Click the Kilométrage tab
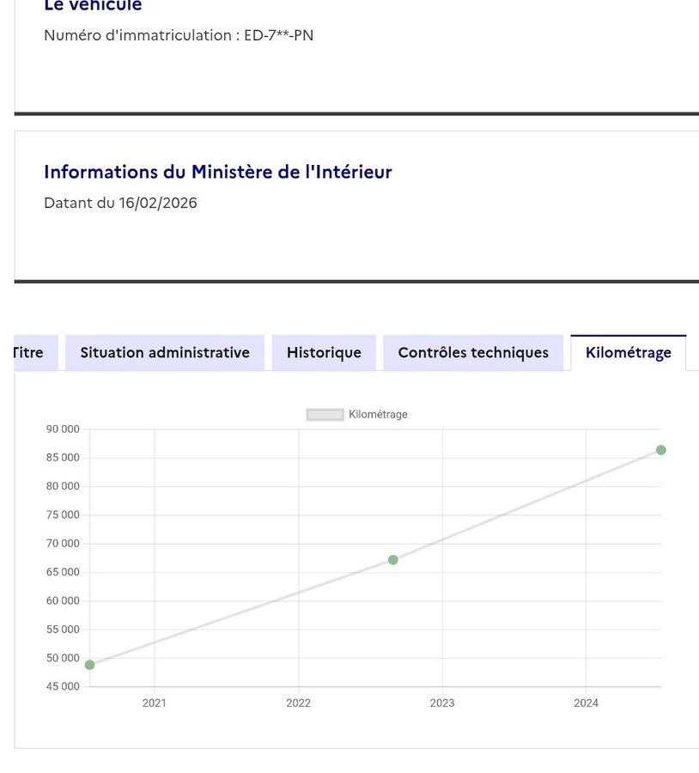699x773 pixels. point(628,353)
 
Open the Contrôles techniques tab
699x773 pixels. point(473,353)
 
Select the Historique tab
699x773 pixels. point(324,353)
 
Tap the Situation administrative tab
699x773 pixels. point(165,353)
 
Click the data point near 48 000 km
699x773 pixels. point(89,665)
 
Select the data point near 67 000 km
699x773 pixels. point(393,560)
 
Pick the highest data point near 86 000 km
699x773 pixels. point(661,450)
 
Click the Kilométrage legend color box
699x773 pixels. point(325,415)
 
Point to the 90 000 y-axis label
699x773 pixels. point(63,429)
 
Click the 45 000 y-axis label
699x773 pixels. point(63,687)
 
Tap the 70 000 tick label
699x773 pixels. point(63,544)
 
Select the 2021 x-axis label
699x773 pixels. point(155,703)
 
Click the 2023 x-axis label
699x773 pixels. point(442,703)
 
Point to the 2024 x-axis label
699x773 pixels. point(586,703)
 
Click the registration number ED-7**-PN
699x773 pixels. point(278,36)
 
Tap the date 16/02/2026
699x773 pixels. point(158,204)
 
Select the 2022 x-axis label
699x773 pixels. point(298,703)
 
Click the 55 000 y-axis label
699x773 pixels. point(63,630)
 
